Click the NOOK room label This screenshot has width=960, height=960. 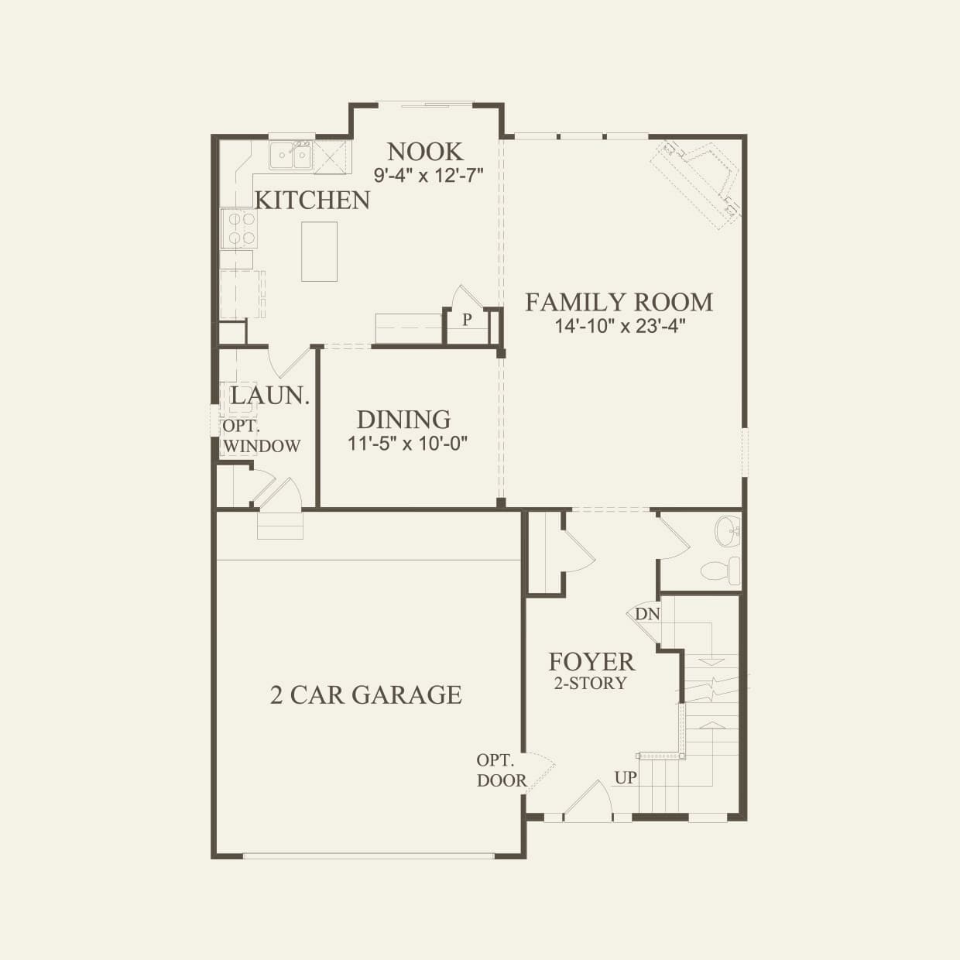coord(425,152)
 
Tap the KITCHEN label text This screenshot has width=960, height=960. coord(312,201)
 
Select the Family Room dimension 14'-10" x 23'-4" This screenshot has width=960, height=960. coord(620,326)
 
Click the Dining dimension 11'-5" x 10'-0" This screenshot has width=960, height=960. coord(407,444)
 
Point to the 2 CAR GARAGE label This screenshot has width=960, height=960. coord(365,695)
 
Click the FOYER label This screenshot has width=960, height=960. coord(591,662)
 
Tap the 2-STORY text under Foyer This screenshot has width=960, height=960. coord(590,683)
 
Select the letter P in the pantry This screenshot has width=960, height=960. coord(467,319)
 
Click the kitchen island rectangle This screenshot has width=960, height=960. coord(319,252)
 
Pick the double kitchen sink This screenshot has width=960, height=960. coord(290,156)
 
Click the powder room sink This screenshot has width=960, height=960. coord(728,531)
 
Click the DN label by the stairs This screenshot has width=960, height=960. coord(647,615)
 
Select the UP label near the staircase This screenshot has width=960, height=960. coord(626,777)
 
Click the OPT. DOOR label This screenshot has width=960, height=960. coord(501,770)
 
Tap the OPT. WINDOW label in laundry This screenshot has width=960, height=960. coord(261,437)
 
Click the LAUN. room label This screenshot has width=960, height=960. coord(269,396)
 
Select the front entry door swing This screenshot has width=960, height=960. coord(590,801)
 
